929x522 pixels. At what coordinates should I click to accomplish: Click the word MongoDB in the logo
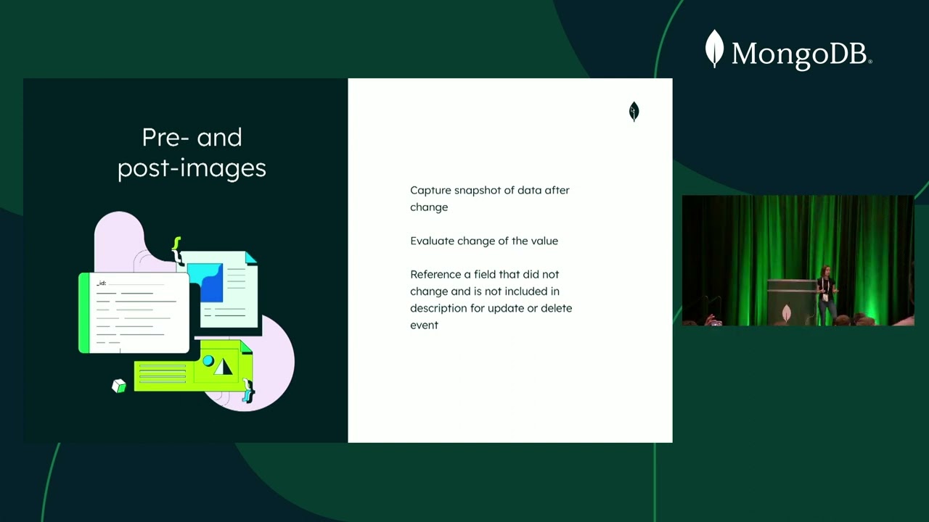pyautogui.click(x=801, y=54)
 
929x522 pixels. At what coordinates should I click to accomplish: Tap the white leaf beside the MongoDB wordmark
pyautogui.click(x=714, y=49)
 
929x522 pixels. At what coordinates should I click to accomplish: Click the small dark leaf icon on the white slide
pyautogui.click(x=634, y=112)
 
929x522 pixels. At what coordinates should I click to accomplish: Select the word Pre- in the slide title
pyautogui.click(x=166, y=137)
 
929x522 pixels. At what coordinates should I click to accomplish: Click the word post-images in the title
pyautogui.click(x=192, y=168)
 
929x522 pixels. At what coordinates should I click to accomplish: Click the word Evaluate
pyautogui.click(x=432, y=241)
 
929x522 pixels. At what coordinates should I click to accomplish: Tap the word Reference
pyautogui.click(x=435, y=275)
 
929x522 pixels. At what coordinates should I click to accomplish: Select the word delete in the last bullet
pyautogui.click(x=556, y=308)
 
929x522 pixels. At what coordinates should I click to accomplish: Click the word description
pyautogui.click(x=441, y=308)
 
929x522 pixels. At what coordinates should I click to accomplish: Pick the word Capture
pyautogui.click(x=430, y=191)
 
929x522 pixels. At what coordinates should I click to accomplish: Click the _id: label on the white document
pyautogui.click(x=102, y=283)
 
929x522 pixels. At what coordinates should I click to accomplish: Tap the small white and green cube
pyautogui.click(x=119, y=386)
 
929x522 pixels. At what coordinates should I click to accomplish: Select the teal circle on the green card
pyautogui.click(x=208, y=360)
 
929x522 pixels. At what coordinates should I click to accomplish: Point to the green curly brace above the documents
pyautogui.click(x=176, y=246)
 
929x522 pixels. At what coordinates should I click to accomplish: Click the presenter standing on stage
pyautogui.click(x=826, y=294)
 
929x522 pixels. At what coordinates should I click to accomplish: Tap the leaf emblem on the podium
pyautogui.click(x=786, y=313)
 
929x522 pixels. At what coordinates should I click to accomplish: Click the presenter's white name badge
pyautogui.click(x=827, y=297)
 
